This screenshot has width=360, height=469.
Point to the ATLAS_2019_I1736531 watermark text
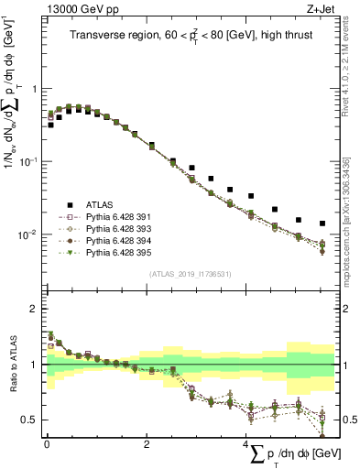click(190, 274)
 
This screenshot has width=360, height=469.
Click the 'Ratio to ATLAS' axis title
click(12, 365)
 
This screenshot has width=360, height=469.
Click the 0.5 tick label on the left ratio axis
click(30, 420)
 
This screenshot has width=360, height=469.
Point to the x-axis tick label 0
click(46, 443)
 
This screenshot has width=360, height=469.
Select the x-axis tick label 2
click(146, 443)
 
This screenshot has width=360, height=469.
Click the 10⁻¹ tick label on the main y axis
click(28, 161)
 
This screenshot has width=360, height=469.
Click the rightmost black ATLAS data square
click(322, 224)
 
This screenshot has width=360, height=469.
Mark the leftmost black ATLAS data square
click(50, 125)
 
